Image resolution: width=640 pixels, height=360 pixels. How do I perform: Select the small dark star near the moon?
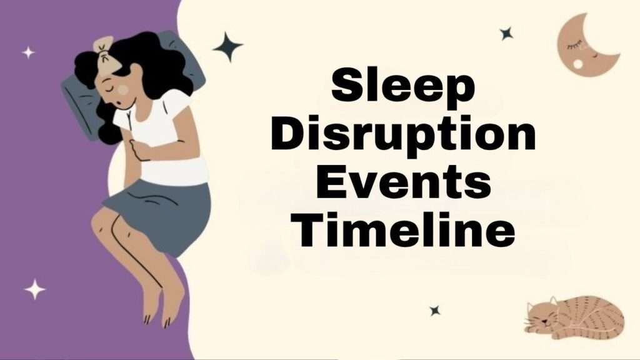[x=506, y=34]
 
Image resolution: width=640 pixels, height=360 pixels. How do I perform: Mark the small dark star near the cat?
[x=434, y=310]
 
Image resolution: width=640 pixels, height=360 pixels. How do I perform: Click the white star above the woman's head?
[x=28, y=52]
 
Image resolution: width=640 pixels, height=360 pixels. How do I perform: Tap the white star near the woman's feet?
[x=35, y=289]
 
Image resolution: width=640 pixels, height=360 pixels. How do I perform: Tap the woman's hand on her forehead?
[x=103, y=47]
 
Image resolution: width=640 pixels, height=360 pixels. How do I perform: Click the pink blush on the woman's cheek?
[x=123, y=90]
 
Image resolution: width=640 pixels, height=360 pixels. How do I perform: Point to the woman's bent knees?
[x=106, y=225]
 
